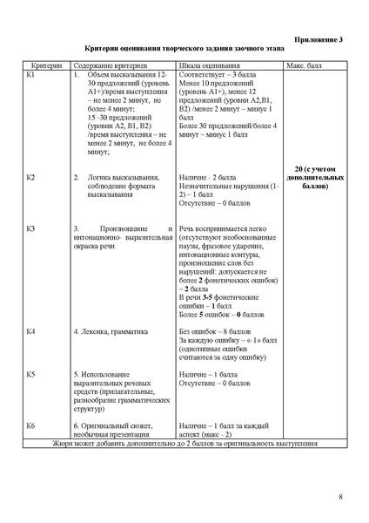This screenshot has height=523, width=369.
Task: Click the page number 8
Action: [x=340, y=497]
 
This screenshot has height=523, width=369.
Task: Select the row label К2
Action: [x=31, y=178]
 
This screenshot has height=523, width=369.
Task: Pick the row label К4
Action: [x=31, y=332]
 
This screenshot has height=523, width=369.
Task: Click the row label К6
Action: [x=31, y=425]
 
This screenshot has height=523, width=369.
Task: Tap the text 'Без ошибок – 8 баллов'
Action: [x=212, y=332]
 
